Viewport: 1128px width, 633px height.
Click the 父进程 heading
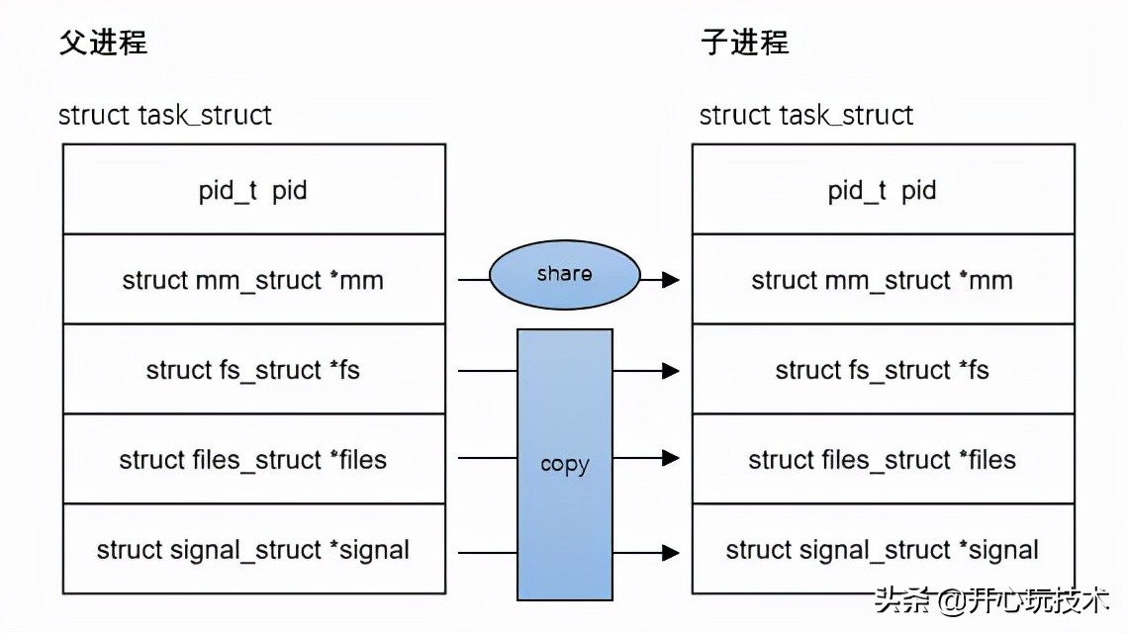pyautogui.click(x=103, y=44)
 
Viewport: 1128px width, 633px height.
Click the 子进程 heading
pyautogui.click(x=744, y=44)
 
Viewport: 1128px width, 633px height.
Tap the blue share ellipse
pyautogui.click(x=564, y=275)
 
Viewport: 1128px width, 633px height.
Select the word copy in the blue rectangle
pyautogui.click(x=564, y=464)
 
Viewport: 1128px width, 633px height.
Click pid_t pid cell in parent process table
pyautogui.click(x=253, y=190)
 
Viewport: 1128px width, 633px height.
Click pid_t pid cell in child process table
pyautogui.click(x=883, y=190)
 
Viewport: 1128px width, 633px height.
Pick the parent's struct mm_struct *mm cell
pyautogui.click(x=253, y=280)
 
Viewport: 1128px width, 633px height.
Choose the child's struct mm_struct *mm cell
pyautogui.click(x=883, y=280)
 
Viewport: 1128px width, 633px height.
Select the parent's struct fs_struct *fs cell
pyautogui.click(x=253, y=370)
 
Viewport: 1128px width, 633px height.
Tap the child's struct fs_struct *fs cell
pyautogui.click(x=883, y=370)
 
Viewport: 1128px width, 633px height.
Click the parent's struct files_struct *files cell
pyautogui.click(x=253, y=460)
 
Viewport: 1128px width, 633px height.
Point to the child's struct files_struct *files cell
pyautogui.click(x=883, y=460)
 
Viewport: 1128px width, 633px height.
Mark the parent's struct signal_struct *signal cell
pyautogui.click(x=253, y=550)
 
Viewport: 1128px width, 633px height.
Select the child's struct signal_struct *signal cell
pyautogui.click(x=883, y=550)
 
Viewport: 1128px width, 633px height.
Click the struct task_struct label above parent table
pyautogui.click(x=165, y=115)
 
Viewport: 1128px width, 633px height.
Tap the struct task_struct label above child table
pyautogui.click(x=805, y=115)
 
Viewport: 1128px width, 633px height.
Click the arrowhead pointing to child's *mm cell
pyautogui.click(x=671, y=280)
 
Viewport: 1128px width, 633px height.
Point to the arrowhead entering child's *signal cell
pyautogui.click(x=671, y=551)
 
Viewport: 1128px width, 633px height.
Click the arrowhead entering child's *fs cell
pyautogui.click(x=671, y=371)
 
